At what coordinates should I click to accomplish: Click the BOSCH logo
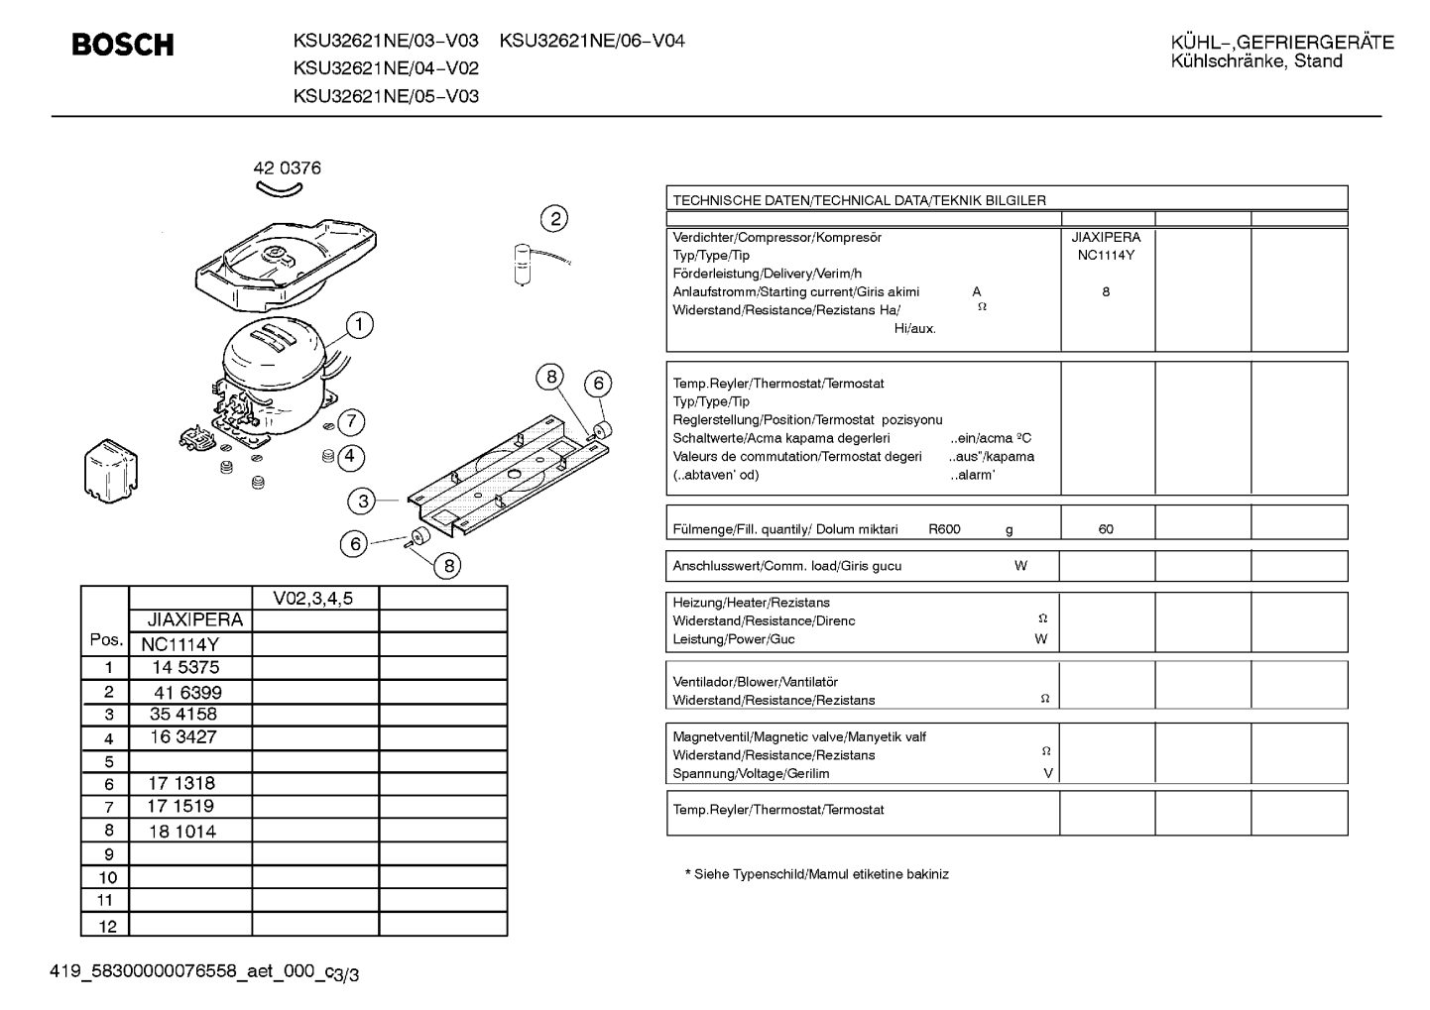(x=123, y=45)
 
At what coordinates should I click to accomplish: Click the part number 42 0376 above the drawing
(x=288, y=168)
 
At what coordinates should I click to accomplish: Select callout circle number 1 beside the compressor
(x=359, y=325)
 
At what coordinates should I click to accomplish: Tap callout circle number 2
(x=554, y=219)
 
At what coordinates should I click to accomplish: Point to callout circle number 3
(x=363, y=501)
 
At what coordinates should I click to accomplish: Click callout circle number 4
(x=350, y=457)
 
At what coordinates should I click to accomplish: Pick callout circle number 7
(x=351, y=421)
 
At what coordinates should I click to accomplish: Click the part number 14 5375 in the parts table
(x=185, y=667)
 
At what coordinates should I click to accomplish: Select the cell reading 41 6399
(x=187, y=692)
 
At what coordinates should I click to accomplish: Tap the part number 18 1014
(x=182, y=832)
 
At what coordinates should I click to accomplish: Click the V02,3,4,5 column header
(x=312, y=599)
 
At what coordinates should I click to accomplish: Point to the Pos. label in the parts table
(x=106, y=639)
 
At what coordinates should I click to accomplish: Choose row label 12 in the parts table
(x=108, y=926)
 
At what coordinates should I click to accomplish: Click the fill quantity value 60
(x=1106, y=529)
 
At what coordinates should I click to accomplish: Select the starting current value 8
(x=1106, y=291)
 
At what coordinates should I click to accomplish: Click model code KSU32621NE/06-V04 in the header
(x=592, y=41)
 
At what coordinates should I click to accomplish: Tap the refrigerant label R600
(x=944, y=529)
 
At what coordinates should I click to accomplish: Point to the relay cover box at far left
(x=111, y=471)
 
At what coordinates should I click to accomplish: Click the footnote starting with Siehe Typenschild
(x=816, y=874)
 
